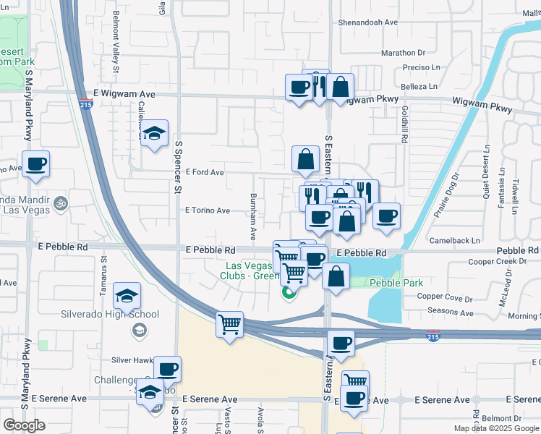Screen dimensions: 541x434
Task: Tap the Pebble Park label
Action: click(396, 283)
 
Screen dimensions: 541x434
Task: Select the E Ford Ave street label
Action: click(205, 172)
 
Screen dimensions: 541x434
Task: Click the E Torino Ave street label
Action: click(207, 210)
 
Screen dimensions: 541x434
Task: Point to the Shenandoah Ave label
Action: click(368, 22)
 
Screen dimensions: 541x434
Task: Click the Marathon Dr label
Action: click(404, 53)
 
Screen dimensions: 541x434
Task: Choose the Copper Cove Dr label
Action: click(444, 297)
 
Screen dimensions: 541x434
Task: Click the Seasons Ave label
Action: click(451, 313)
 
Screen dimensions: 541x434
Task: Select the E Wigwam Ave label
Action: click(125, 94)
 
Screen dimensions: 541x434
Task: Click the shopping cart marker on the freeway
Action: click(230, 325)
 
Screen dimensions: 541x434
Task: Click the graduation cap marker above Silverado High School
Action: click(127, 296)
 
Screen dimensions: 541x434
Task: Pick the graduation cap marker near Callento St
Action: click(154, 133)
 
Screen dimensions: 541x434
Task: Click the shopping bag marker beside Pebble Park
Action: click(336, 276)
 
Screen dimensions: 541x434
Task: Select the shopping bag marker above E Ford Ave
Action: click(306, 158)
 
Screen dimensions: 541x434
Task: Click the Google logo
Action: click(25, 425)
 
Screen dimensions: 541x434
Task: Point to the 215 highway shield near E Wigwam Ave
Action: click(85, 105)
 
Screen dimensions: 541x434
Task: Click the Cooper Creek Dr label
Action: click(496, 261)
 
